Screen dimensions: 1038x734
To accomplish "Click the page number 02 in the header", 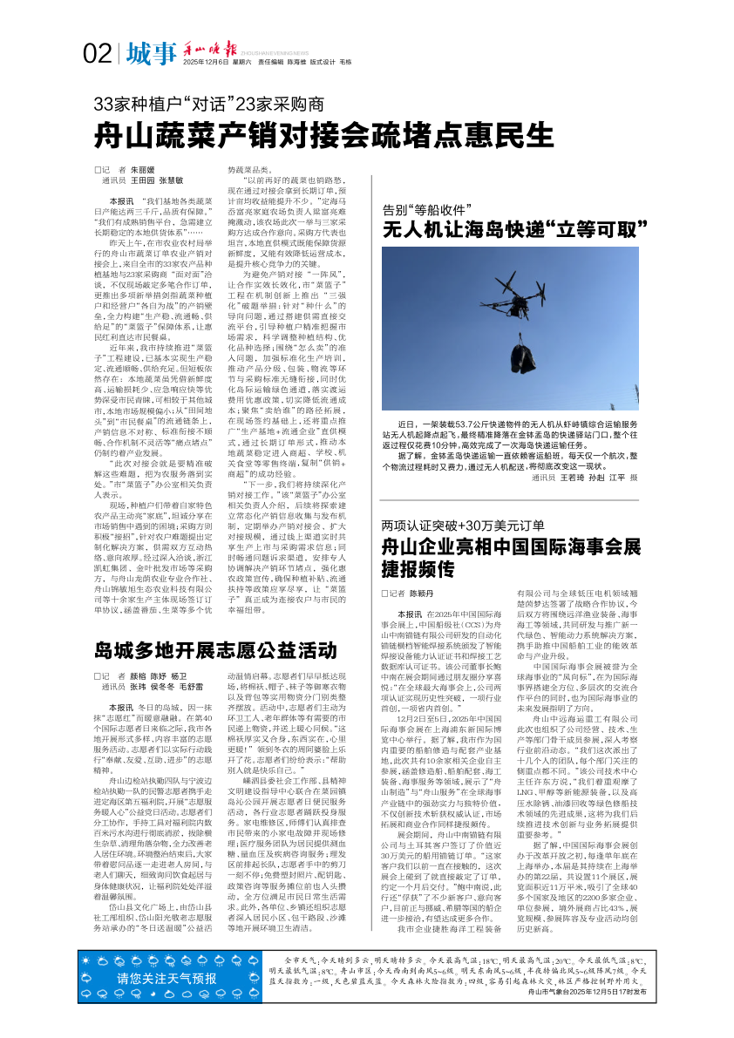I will click(x=97, y=54).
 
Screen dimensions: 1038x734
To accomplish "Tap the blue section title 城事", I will click(x=150, y=54).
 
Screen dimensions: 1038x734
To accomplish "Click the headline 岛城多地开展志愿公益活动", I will click(x=216, y=651).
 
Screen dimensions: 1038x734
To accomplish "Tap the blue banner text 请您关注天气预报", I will click(x=168, y=1002).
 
